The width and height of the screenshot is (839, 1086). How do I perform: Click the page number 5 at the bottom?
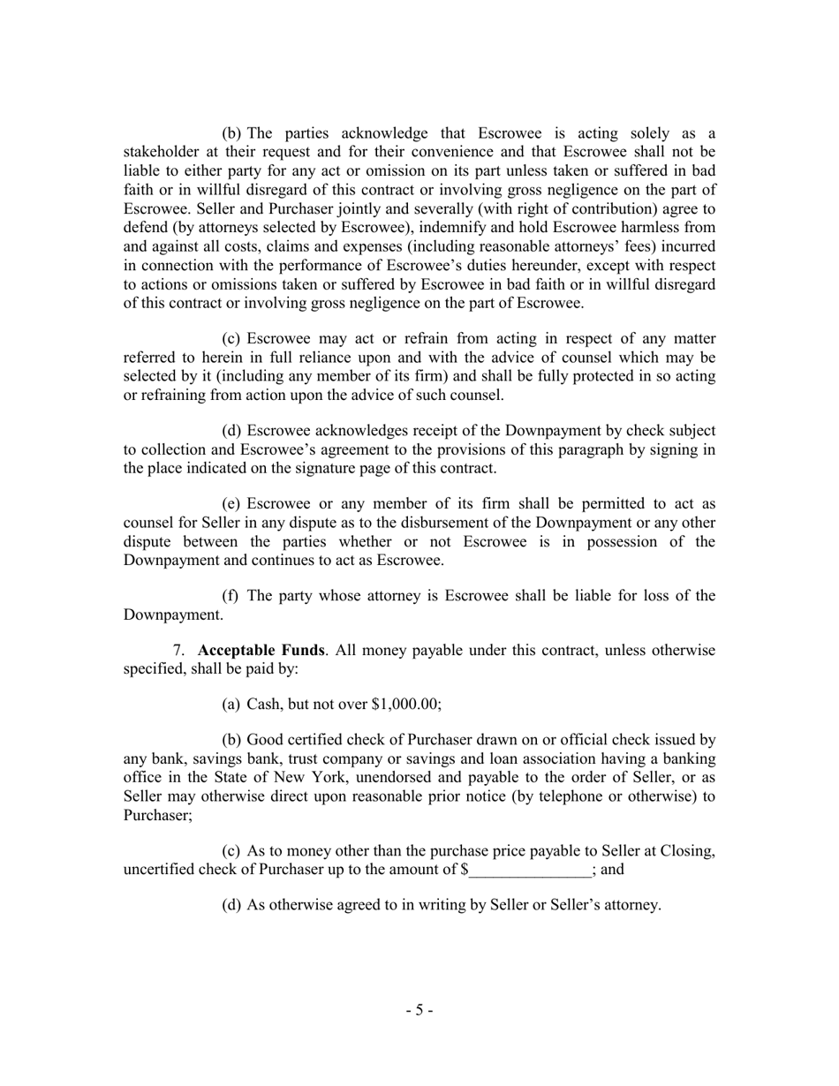pyautogui.click(x=419, y=1010)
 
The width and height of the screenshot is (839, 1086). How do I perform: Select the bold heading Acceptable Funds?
pyautogui.click(x=261, y=651)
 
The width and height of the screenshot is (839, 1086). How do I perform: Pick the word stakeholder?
pyautogui.click(x=163, y=153)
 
